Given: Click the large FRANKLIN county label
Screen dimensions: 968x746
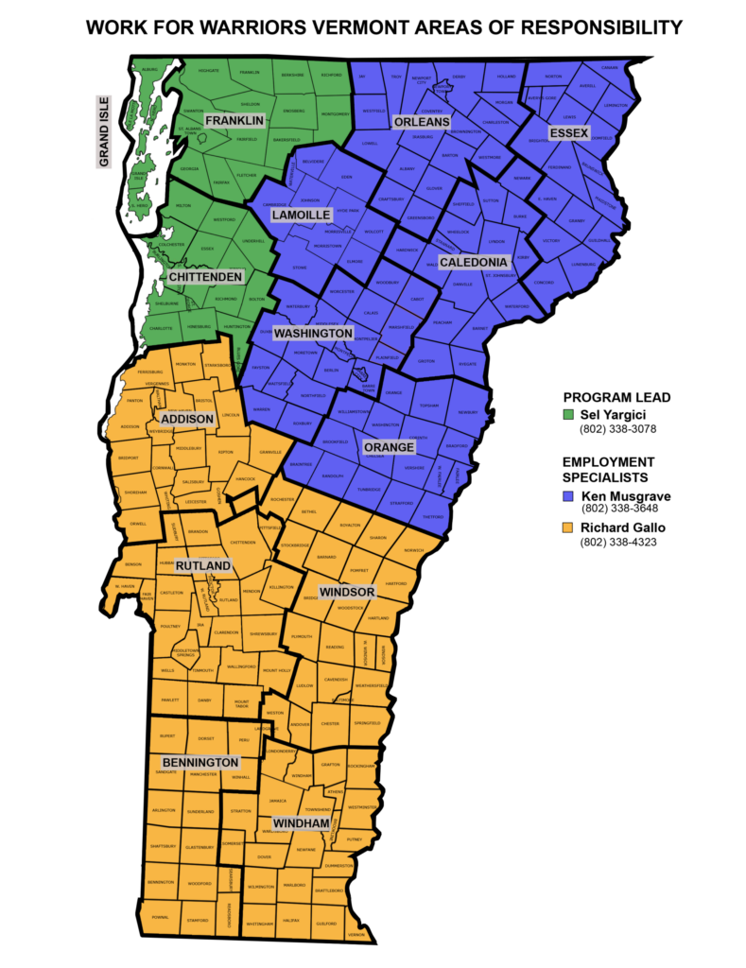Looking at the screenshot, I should pyautogui.click(x=234, y=121).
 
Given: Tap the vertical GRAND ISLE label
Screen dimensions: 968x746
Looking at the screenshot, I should pyautogui.click(x=104, y=131).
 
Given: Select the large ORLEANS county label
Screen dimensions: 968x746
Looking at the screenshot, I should pyautogui.click(x=422, y=122).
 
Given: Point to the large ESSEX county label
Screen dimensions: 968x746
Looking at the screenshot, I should pyautogui.click(x=569, y=132).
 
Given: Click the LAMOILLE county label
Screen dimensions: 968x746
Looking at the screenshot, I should pyautogui.click(x=301, y=216).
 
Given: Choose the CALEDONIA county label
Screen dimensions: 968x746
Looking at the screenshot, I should pyautogui.click(x=474, y=262).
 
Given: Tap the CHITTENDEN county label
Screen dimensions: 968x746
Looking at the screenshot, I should pyautogui.click(x=205, y=277).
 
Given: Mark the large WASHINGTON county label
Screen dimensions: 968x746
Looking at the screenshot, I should pyautogui.click(x=313, y=334).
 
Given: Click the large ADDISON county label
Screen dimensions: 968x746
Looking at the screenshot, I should pyautogui.click(x=187, y=419).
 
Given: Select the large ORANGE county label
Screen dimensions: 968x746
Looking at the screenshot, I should pyautogui.click(x=389, y=447).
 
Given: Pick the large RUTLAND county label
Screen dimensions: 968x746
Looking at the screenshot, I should pyautogui.click(x=203, y=566).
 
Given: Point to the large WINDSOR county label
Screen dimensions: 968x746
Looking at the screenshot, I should pyautogui.click(x=347, y=592).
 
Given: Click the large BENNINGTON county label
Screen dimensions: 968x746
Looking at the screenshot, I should pyautogui.click(x=200, y=762).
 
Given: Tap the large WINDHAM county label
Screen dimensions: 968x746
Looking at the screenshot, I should pyautogui.click(x=302, y=824).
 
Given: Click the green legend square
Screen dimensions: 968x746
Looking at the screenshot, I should pyautogui.click(x=568, y=414).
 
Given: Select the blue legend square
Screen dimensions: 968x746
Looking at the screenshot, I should pyautogui.click(x=568, y=495).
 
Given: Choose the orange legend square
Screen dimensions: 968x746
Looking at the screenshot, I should pyautogui.click(x=568, y=527).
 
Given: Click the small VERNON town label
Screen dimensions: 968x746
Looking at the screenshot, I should pyautogui.click(x=356, y=935).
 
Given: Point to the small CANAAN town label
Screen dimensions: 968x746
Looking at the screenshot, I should pyautogui.click(x=610, y=67).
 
